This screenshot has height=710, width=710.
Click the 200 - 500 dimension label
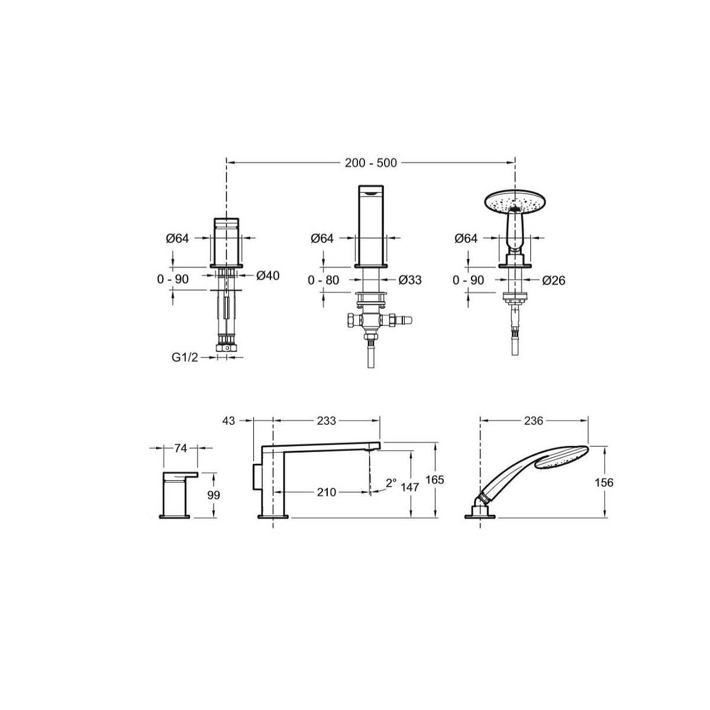(370, 163)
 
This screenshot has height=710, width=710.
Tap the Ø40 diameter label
(268, 275)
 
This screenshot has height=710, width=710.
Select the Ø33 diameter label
(409, 280)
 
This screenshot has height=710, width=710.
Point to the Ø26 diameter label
(553, 281)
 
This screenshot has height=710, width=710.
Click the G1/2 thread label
(185, 357)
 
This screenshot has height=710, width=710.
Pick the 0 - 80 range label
(323, 280)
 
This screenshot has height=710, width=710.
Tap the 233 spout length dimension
(327, 421)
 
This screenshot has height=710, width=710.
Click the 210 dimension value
(327, 492)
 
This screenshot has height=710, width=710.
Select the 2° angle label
(391, 482)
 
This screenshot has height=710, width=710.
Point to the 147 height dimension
(409, 487)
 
